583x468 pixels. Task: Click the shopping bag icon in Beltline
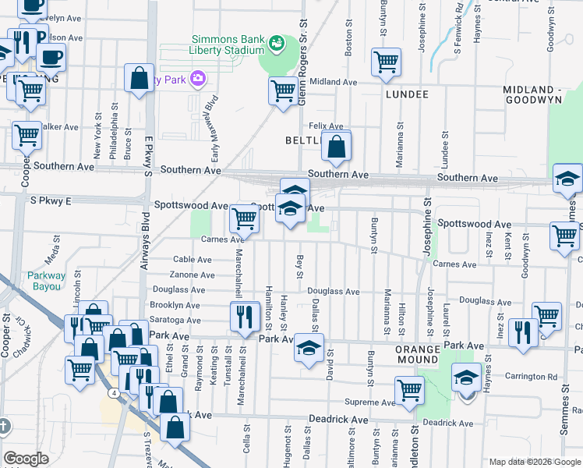pos(336,146)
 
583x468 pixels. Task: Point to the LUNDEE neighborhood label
pos(407,94)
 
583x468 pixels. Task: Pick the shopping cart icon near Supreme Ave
pos(409,389)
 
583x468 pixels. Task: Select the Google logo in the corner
pos(26,459)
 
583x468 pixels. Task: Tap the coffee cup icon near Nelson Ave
pos(51,57)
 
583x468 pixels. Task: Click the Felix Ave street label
pos(326,126)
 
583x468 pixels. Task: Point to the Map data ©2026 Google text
pos(533,461)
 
